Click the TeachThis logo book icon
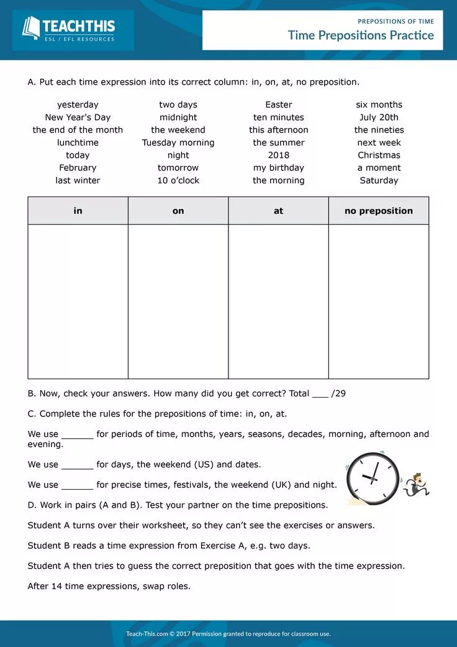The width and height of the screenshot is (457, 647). click(x=30, y=27)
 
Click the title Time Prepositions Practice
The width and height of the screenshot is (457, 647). click(x=360, y=35)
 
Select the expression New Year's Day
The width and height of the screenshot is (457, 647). click(x=78, y=117)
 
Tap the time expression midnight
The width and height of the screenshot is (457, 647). click(x=178, y=117)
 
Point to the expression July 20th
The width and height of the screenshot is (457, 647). click(x=379, y=117)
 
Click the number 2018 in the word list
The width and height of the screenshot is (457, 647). click(x=279, y=155)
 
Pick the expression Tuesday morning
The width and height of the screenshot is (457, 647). click(x=178, y=143)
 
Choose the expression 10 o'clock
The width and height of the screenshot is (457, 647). click(x=178, y=181)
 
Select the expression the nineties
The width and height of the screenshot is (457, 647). click(x=379, y=130)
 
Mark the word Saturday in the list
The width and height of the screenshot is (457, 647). click(x=379, y=181)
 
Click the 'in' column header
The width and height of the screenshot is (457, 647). click(x=78, y=211)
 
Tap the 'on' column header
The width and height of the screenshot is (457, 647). click(x=178, y=211)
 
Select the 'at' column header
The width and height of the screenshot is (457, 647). click(x=278, y=211)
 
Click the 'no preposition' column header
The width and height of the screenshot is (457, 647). click(x=379, y=211)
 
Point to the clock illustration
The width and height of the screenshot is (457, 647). click(x=372, y=478)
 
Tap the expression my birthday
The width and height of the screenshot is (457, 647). click(x=279, y=168)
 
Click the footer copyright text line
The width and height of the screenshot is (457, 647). click(x=228, y=634)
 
